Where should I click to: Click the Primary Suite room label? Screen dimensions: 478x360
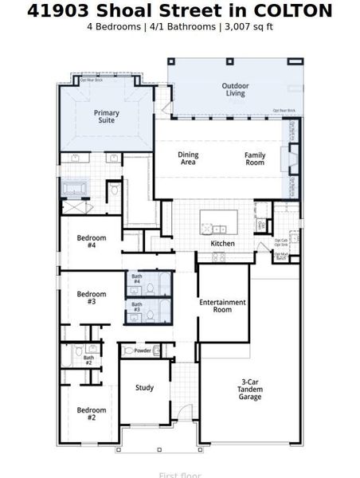coord(106,116)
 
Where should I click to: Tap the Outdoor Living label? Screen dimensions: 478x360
coord(233,89)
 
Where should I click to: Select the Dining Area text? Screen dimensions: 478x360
coord(188,159)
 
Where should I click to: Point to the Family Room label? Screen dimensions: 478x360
coord(254,159)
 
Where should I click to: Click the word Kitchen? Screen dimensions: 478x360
coord(222,243)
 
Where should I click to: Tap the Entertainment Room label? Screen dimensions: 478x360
coord(222,306)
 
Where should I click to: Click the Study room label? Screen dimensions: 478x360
coord(144,388)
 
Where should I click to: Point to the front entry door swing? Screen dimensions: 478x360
coord(184,414)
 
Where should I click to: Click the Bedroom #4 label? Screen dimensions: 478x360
coord(86,241)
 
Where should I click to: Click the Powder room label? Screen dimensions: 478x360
coord(143,350)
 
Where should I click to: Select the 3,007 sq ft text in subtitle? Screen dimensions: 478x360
coord(248,26)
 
